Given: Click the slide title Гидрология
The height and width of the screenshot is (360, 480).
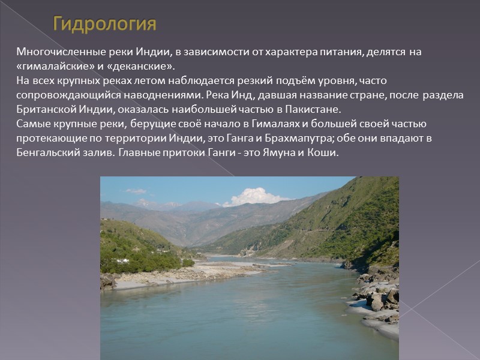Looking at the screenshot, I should coord(104,25).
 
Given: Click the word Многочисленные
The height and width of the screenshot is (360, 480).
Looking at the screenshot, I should coord(53,52).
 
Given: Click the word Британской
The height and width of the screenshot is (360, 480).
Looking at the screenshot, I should coord(43,110).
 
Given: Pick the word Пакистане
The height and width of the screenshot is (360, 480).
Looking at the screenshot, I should coord(310,110).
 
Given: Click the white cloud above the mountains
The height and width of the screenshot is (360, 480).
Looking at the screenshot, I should coord(254,196).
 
